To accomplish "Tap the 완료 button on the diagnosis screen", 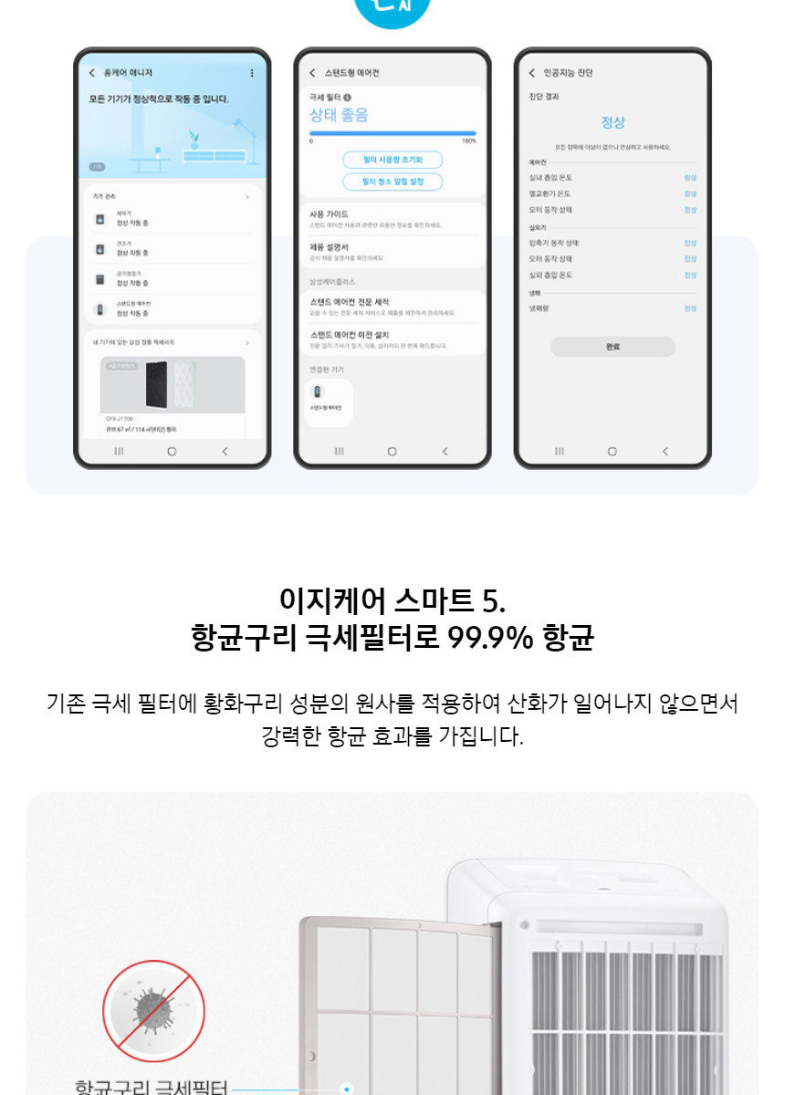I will [x=612, y=347].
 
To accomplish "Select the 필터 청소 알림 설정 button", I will [x=392, y=182].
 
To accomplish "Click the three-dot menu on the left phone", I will [x=252, y=73].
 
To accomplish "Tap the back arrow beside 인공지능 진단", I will [x=532, y=73].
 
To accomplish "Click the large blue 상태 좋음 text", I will [x=338, y=116].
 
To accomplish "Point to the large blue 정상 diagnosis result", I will [x=612, y=122].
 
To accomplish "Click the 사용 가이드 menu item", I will [x=330, y=214].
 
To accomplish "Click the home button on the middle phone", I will [x=392, y=451].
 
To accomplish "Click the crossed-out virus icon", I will [x=153, y=1010].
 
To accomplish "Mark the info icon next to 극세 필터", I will [x=348, y=97].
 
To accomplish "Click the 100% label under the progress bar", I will [x=468, y=141].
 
